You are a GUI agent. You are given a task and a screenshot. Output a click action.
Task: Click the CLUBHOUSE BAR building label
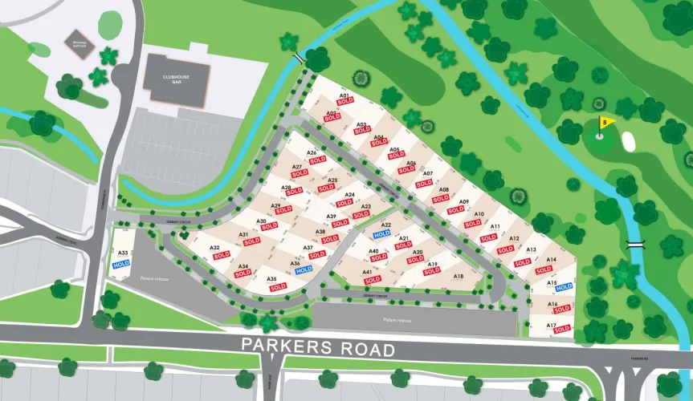(x=177, y=79)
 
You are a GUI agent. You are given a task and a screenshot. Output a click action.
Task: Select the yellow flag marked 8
(x=606, y=124)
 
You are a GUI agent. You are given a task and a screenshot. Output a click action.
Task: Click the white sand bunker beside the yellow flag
(x=628, y=141)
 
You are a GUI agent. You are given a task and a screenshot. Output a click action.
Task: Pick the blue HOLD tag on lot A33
(x=121, y=263)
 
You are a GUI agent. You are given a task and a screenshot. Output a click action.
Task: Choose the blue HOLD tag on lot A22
(x=382, y=234)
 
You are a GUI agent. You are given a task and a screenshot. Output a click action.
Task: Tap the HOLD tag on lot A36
(x=304, y=270)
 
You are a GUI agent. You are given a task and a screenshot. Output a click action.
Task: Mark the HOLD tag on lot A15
(x=564, y=286)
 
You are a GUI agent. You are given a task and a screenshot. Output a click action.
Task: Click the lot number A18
(x=459, y=277)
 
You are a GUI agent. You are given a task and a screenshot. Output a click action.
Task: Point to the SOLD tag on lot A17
(x=561, y=329)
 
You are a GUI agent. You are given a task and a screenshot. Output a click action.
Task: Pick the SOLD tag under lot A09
(x=455, y=209)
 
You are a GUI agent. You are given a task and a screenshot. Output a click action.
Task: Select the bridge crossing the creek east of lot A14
(x=634, y=241)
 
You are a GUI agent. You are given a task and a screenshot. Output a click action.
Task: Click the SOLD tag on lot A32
(x=222, y=254)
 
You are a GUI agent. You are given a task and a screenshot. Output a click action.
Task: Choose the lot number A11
(x=495, y=227)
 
